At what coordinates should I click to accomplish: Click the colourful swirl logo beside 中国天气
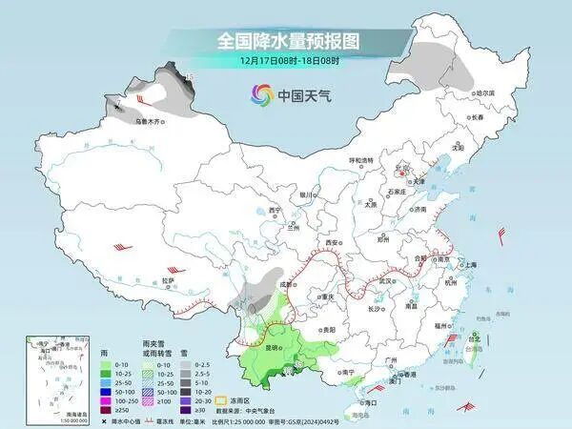coord(260,94)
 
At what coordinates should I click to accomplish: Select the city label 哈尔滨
coord(485,93)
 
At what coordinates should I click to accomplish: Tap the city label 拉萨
coord(169,281)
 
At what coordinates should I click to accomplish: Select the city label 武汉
coord(385,281)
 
